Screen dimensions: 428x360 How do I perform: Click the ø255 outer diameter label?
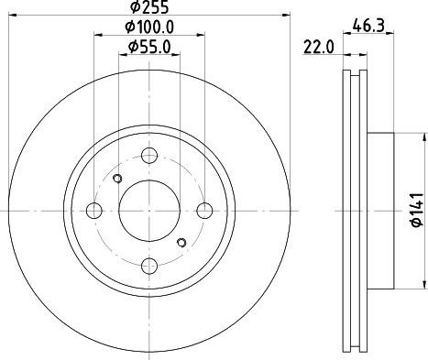[x=149, y=7]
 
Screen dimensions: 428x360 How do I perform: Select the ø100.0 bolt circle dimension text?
[x=149, y=27]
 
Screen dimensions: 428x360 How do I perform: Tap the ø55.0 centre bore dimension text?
[x=149, y=48]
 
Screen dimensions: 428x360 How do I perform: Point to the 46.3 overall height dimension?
[x=368, y=26]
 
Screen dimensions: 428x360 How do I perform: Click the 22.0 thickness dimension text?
[x=319, y=48]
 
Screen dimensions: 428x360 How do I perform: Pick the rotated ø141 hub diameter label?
[x=417, y=210]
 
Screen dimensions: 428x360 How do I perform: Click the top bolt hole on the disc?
[x=149, y=156]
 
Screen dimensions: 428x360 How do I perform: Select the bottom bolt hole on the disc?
[x=149, y=266]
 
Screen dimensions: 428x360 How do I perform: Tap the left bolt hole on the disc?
[x=94, y=211]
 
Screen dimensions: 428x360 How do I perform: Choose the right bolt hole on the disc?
[x=204, y=211]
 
